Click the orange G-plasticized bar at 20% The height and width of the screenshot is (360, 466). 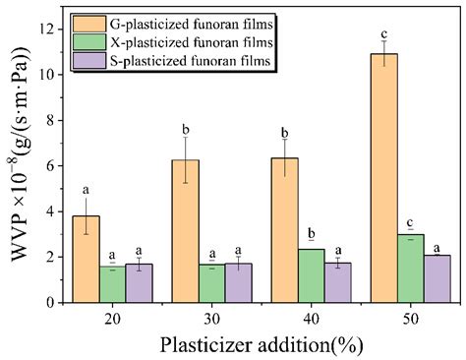(x=86, y=260)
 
